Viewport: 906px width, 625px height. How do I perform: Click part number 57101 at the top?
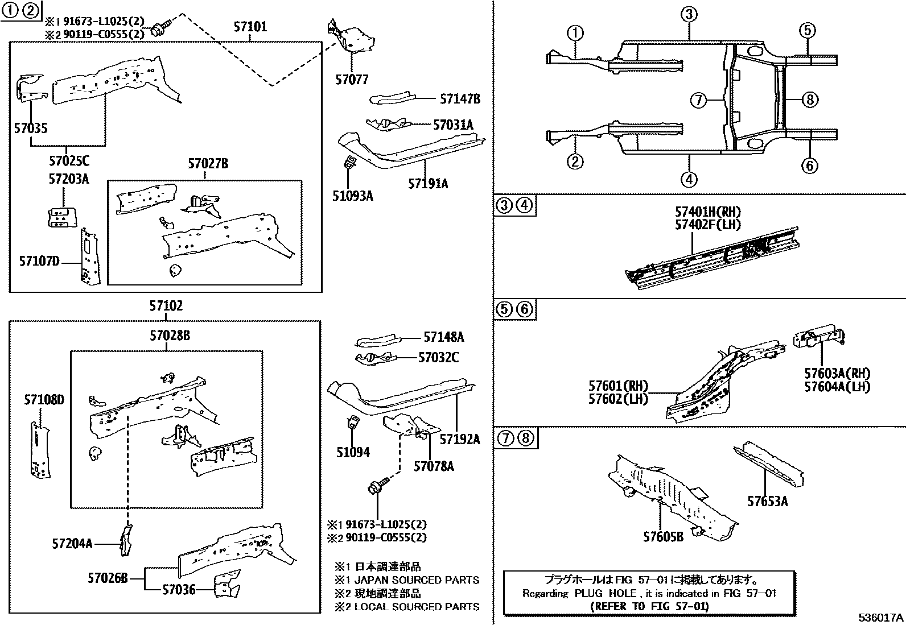click(x=250, y=27)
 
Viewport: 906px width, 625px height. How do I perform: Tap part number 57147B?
click(x=460, y=99)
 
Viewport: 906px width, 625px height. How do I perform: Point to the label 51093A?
click(x=353, y=196)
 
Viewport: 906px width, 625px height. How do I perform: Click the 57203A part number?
click(x=68, y=179)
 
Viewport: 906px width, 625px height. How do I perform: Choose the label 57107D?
click(x=39, y=261)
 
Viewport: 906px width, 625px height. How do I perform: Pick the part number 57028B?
click(x=170, y=336)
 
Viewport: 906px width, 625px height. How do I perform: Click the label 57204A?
click(x=72, y=544)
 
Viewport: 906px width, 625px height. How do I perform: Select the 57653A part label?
click(x=767, y=501)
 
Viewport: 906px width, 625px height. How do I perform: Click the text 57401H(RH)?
click(x=708, y=212)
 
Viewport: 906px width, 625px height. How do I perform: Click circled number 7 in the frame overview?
click(x=699, y=101)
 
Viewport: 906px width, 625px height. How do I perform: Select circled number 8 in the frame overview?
click(x=809, y=100)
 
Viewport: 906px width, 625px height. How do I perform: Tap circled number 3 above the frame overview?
click(x=689, y=14)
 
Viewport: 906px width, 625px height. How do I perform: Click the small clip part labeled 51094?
click(x=353, y=424)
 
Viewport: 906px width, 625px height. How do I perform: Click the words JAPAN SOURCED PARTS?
click(x=417, y=580)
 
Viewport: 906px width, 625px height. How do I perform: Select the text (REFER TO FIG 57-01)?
click(x=649, y=606)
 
